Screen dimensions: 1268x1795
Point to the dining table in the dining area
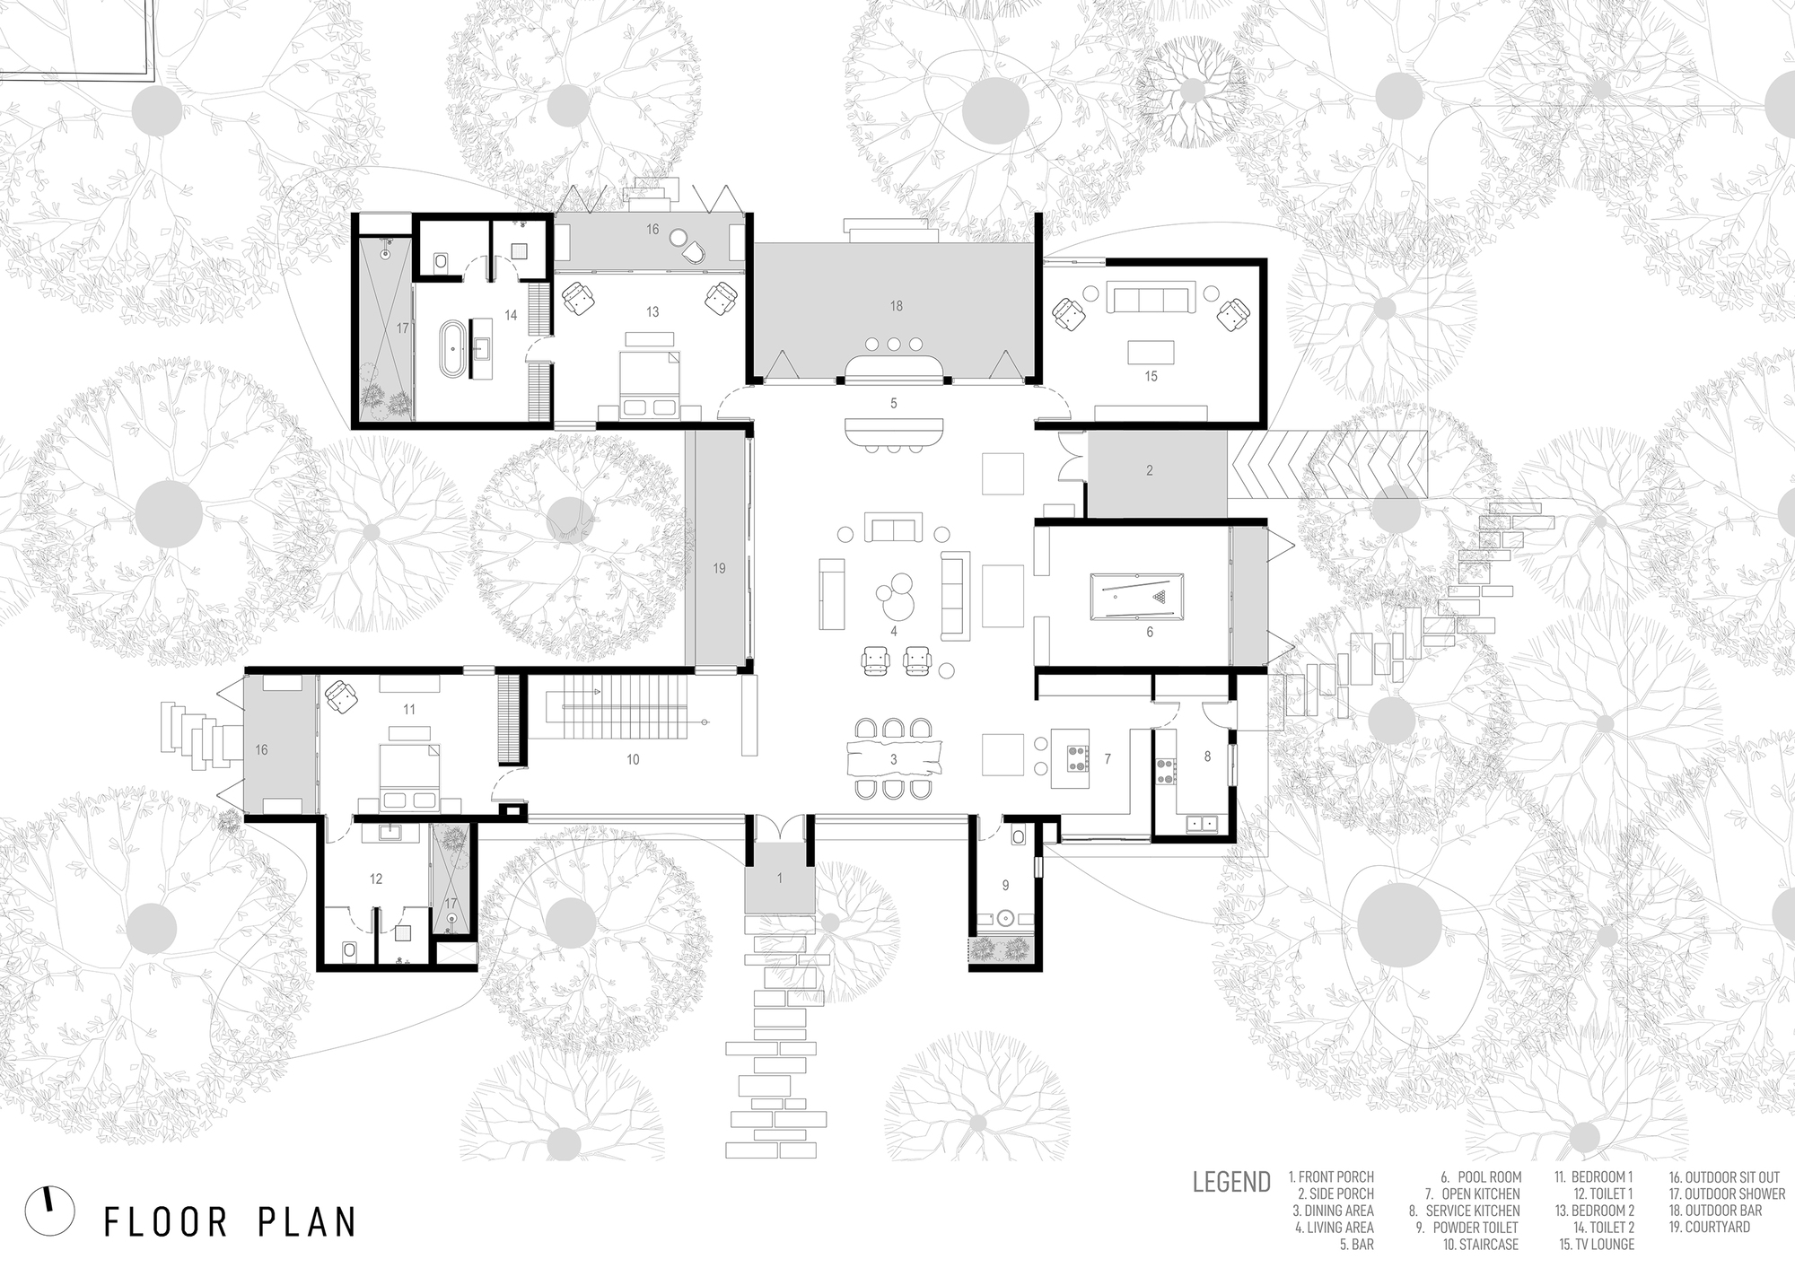click(x=892, y=758)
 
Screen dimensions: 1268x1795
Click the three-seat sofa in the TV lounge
click(x=1149, y=297)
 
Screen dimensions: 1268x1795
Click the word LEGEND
click(x=1231, y=1182)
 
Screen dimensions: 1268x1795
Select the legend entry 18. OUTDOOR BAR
click(x=1715, y=1211)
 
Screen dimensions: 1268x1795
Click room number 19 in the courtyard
click(x=719, y=568)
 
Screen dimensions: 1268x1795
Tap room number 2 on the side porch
click(x=1149, y=470)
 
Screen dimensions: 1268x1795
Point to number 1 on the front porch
click(x=779, y=879)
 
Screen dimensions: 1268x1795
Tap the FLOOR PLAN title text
click(x=230, y=1222)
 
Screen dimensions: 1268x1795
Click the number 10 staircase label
click(x=632, y=760)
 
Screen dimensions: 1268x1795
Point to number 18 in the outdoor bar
click(x=895, y=306)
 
